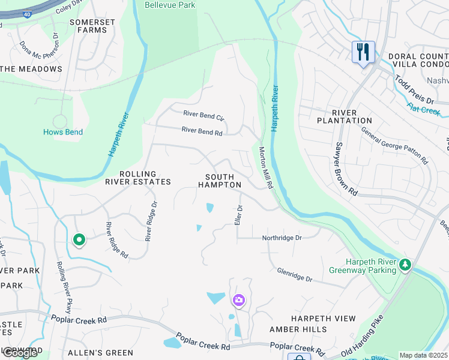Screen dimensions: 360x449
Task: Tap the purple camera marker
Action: [x=239, y=300]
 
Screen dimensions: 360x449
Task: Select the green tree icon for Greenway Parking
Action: [x=406, y=265]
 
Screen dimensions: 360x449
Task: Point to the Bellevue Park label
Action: [x=170, y=5]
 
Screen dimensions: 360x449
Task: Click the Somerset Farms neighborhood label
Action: [x=92, y=26]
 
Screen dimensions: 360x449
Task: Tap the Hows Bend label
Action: [x=63, y=132]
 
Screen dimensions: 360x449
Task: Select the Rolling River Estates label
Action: [x=137, y=178]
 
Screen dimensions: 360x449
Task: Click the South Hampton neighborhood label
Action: [x=223, y=181]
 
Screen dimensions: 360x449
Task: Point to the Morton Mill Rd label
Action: [x=266, y=169]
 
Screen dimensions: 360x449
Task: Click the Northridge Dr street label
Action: [x=282, y=238]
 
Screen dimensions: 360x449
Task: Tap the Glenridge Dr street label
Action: [x=295, y=275]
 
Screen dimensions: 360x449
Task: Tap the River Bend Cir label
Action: [x=203, y=115]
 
